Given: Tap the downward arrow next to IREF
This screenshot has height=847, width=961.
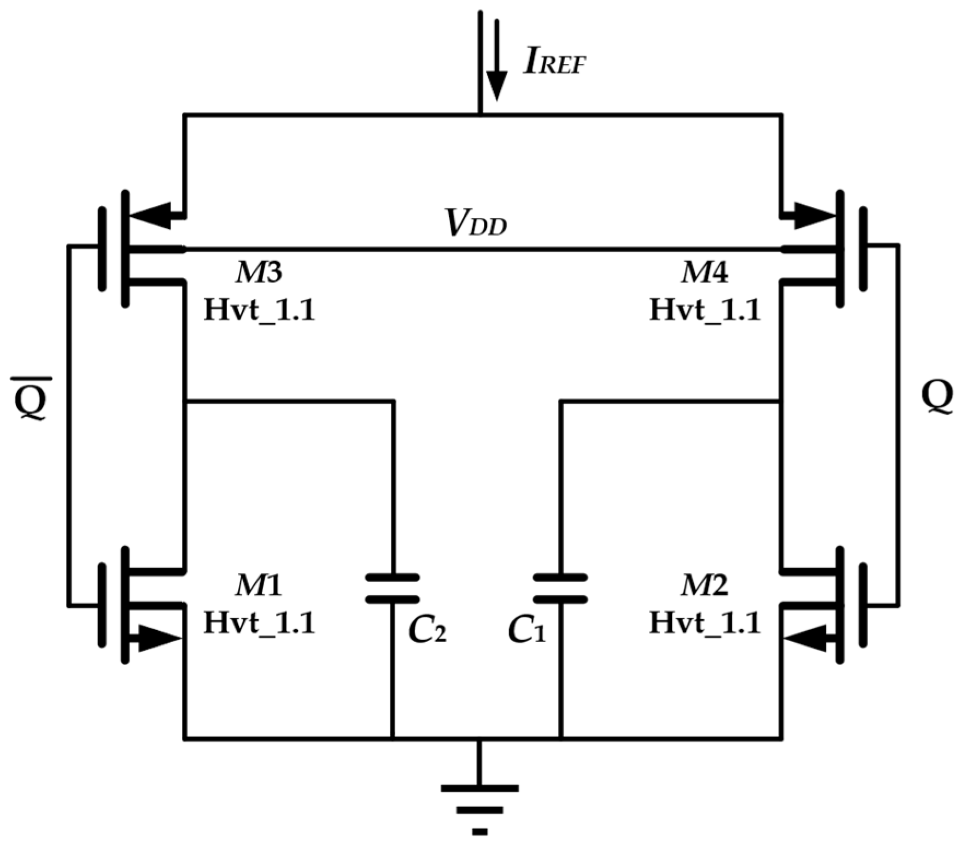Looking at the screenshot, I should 496,63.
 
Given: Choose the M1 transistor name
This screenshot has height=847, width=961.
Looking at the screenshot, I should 259,586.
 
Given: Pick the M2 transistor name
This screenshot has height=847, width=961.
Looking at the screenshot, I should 704,586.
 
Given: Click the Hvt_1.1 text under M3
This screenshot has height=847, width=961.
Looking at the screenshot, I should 259,311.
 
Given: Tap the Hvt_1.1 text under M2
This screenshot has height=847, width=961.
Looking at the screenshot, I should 705,623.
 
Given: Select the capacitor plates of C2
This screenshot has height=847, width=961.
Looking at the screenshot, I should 392,588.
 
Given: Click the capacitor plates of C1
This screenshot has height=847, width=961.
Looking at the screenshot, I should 560,588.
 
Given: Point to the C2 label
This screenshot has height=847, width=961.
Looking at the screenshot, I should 427,631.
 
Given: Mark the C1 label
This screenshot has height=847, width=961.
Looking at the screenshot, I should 526,631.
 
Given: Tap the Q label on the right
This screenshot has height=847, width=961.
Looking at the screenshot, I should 936,397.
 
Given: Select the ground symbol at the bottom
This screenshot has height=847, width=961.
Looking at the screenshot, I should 479,808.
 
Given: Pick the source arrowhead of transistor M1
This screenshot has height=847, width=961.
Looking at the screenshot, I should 159,638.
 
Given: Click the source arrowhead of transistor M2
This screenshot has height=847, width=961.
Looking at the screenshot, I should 806,638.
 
